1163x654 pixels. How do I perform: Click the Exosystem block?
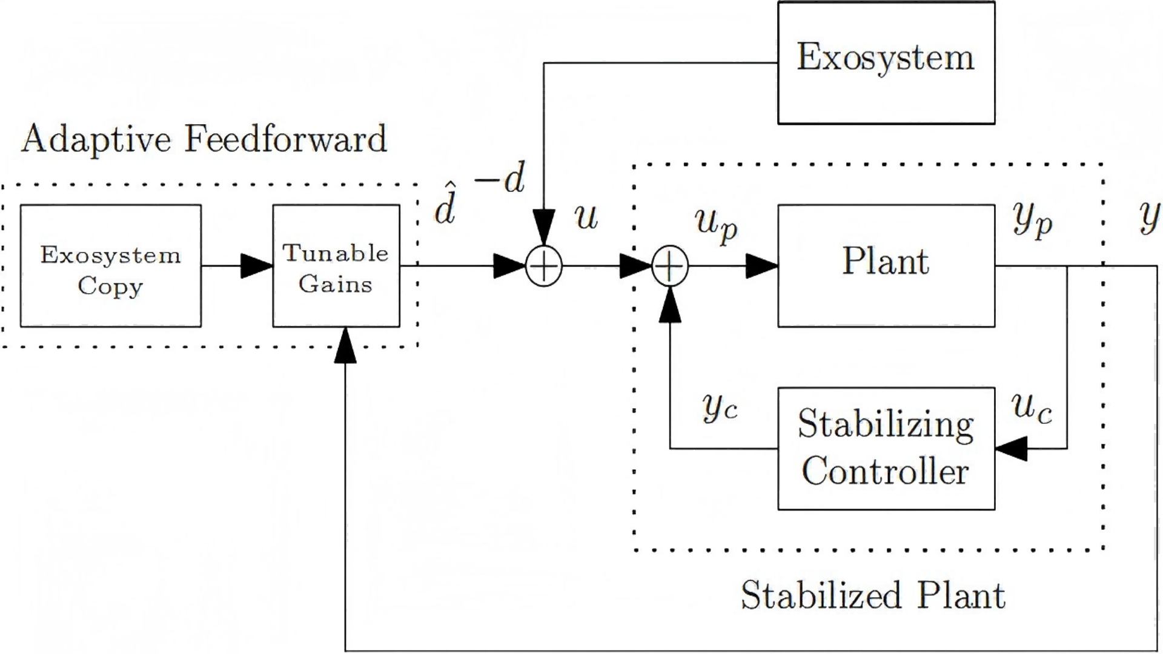[886, 63]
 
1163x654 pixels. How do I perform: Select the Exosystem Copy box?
[111, 266]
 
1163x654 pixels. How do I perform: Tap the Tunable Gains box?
[336, 266]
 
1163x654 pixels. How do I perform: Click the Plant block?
[886, 266]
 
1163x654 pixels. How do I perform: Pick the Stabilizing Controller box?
[886, 448]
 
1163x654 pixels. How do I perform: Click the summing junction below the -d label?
[543, 266]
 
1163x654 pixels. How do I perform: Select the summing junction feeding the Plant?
[670, 266]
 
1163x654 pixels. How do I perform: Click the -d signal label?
[500, 177]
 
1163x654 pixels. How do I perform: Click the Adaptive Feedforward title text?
[204, 139]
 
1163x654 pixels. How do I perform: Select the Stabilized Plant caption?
[873, 595]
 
